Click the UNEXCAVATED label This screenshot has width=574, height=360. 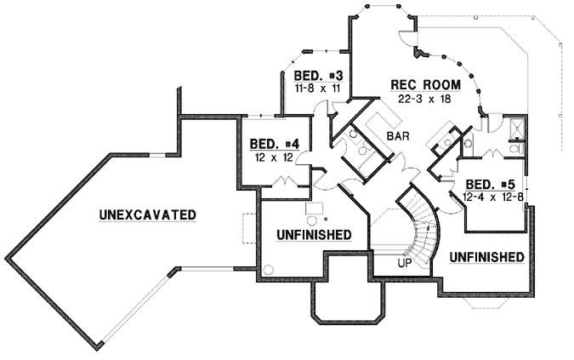pos(147,214)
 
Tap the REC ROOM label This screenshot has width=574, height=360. pos(425,85)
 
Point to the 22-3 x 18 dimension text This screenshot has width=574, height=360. pos(424,99)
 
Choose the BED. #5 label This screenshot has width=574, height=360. pos(492,185)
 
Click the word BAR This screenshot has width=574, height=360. pos(398,136)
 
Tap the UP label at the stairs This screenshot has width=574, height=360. pos(406,263)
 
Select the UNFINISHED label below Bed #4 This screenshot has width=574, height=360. pos(315,233)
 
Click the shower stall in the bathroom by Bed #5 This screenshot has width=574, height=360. pos(514,128)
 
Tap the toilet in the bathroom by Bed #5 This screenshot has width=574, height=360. pos(513,148)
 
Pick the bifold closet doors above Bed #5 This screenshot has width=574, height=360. pos(492,156)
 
